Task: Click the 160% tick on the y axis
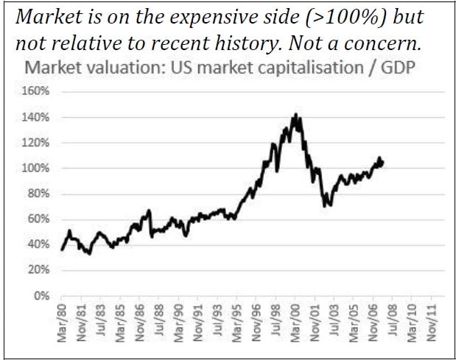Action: point(36,92)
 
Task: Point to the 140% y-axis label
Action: point(36,118)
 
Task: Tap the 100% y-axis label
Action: point(36,169)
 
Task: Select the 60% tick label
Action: point(38,219)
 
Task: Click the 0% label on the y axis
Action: point(41,296)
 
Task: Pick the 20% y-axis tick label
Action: point(38,270)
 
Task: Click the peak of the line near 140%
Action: point(295,115)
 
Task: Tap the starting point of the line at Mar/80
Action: point(62,250)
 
